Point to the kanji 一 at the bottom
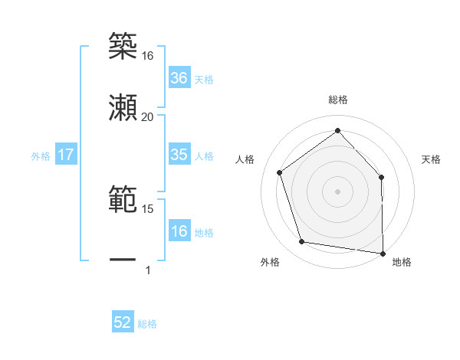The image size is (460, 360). (123, 260)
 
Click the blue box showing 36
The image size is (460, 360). (179, 78)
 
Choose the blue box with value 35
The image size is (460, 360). (179, 155)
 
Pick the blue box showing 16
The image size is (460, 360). (179, 231)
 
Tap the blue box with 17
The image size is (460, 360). (66, 155)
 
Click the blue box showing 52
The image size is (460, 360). (123, 322)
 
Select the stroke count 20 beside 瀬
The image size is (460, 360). (147, 116)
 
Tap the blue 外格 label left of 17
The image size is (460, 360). (41, 155)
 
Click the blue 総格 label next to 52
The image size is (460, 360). (147, 323)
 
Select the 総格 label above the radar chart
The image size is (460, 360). (337, 100)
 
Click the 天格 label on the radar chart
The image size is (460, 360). (431, 159)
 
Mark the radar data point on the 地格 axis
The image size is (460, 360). (383, 253)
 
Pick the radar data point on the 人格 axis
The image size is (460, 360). (280, 172)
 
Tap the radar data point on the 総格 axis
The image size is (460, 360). (337, 131)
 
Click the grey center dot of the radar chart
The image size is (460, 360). (337, 191)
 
